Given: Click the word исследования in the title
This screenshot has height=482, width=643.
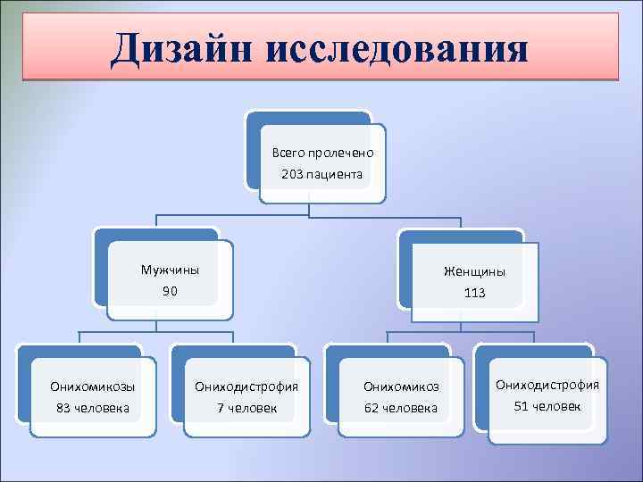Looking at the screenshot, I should click(x=397, y=48).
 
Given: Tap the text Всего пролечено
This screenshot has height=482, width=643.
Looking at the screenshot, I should click(x=322, y=153).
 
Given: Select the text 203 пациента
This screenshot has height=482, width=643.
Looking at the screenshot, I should click(x=321, y=174).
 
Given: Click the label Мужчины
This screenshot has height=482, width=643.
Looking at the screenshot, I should click(x=170, y=270).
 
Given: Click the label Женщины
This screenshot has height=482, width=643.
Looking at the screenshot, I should click(x=474, y=271).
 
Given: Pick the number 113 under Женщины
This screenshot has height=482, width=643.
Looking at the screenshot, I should click(x=474, y=293).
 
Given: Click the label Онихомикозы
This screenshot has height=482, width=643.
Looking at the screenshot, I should click(x=93, y=386).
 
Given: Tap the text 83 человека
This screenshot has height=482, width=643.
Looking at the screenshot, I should click(x=93, y=408).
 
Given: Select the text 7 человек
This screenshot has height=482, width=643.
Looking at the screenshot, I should click(x=246, y=408).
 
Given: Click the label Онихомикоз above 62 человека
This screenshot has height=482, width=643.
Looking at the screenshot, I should click(x=401, y=386).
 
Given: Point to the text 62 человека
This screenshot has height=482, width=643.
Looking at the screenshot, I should click(x=401, y=408).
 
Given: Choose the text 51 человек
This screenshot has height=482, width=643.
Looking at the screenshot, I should click(x=547, y=406).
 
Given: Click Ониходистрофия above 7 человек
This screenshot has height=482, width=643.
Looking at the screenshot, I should click(x=246, y=386).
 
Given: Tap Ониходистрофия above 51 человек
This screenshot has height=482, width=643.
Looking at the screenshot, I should click(x=547, y=385).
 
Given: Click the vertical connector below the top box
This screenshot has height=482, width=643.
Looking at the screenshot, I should click(x=309, y=209).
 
